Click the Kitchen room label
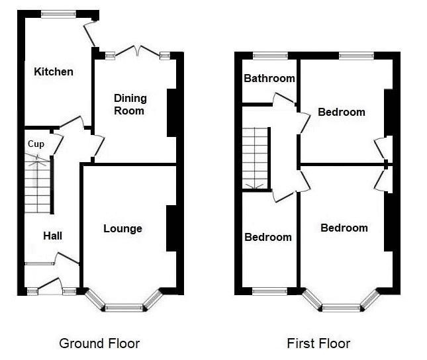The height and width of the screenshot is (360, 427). (54, 71)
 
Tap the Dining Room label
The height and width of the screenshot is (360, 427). (130, 104)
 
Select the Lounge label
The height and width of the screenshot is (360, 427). (122, 228)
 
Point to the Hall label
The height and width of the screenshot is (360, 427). (53, 236)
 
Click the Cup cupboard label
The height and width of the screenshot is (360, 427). (36, 144)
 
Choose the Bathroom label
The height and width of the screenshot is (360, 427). (269, 78)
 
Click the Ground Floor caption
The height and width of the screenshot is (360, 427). (99, 343)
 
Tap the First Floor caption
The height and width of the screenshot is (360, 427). (318, 343)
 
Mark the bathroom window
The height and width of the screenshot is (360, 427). (269, 56)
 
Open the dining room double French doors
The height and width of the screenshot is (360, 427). (136, 52)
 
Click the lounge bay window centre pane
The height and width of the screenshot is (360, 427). (124, 307)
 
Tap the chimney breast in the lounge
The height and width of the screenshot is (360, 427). (171, 228)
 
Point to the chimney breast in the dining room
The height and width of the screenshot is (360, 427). (171, 112)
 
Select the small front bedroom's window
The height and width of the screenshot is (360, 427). (269, 291)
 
